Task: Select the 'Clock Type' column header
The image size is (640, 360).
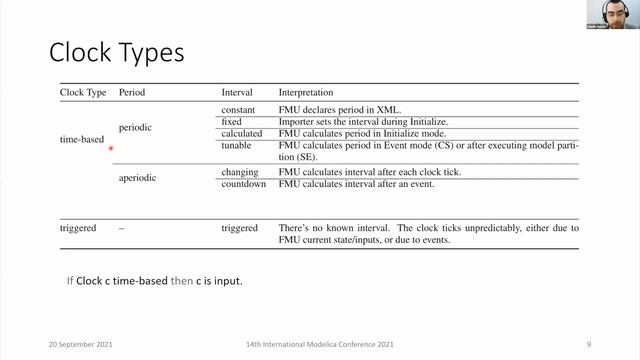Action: coord(83,92)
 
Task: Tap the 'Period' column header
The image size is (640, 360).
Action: coord(133,92)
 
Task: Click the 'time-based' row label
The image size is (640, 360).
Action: coord(83,139)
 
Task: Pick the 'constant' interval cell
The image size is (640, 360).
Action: coord(239,109)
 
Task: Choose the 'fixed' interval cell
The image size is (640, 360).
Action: coord(233,121)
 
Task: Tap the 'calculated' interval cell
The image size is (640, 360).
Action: coord(241,133)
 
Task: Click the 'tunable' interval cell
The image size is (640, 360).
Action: coord(237,146)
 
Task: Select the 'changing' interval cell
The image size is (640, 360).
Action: coord(240,172)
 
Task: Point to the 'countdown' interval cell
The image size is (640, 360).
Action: coord(243,184)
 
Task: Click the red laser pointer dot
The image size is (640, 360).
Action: coord(111,149)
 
